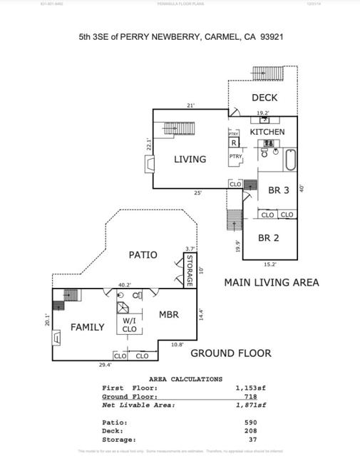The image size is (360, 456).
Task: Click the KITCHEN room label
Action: pos(267,132)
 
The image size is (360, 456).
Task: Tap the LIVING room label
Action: pos(190,160)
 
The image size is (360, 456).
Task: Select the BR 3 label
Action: pos(278,190)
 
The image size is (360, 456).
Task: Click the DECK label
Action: pos(264,98)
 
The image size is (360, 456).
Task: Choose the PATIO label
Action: pos(143,254)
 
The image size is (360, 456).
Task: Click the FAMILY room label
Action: pos(87,327)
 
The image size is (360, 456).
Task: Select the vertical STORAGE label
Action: pos(190,271)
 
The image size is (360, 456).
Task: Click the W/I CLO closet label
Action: pos(129,324)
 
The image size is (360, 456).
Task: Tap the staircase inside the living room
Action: pos(170,128)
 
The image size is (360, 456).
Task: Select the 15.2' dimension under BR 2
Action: pos(270,264)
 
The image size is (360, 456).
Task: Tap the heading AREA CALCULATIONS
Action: pos(185,379)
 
